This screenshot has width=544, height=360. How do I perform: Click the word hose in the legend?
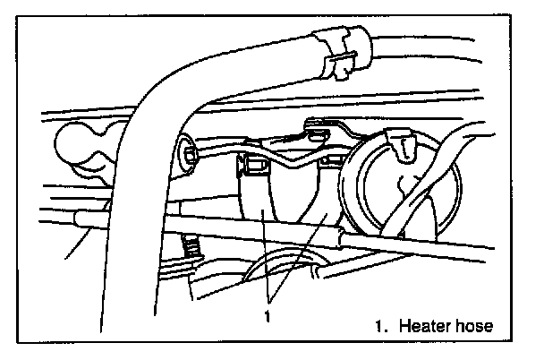[x=472, y=327]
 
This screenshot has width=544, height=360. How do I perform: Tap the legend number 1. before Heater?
[x=381, y=327]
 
